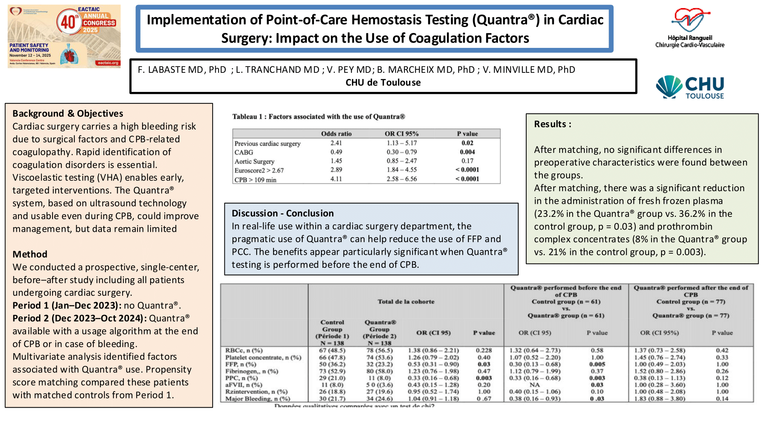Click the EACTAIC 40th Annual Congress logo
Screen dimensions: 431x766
[x=64, y=36]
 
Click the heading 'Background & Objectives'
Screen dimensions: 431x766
[x=68, y=113]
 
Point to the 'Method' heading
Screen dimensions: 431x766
[x=30, y=254]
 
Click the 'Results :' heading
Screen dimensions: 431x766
[x=552, y=124]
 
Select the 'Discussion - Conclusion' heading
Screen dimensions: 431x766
[x=283, y=213]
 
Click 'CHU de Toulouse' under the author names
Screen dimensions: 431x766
[x=383, y=82]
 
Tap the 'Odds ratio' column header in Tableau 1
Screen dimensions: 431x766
[x=336, y=134]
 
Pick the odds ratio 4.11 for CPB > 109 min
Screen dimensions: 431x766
[x=336, y=179]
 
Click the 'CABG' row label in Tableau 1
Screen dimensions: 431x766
[x=244, y=152]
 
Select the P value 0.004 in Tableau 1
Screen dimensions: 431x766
[x=467, y=152]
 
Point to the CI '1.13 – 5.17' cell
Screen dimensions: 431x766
[x=401, y=143]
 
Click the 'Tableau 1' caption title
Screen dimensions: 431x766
[x=318, y=116]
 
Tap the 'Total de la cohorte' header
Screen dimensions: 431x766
[x=406, y=302]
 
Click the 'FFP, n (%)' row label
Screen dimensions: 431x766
[x=241, y=364]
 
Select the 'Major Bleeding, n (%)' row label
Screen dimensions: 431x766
[x=257, y=398]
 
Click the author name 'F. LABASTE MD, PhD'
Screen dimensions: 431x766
[x=182, y=70]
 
